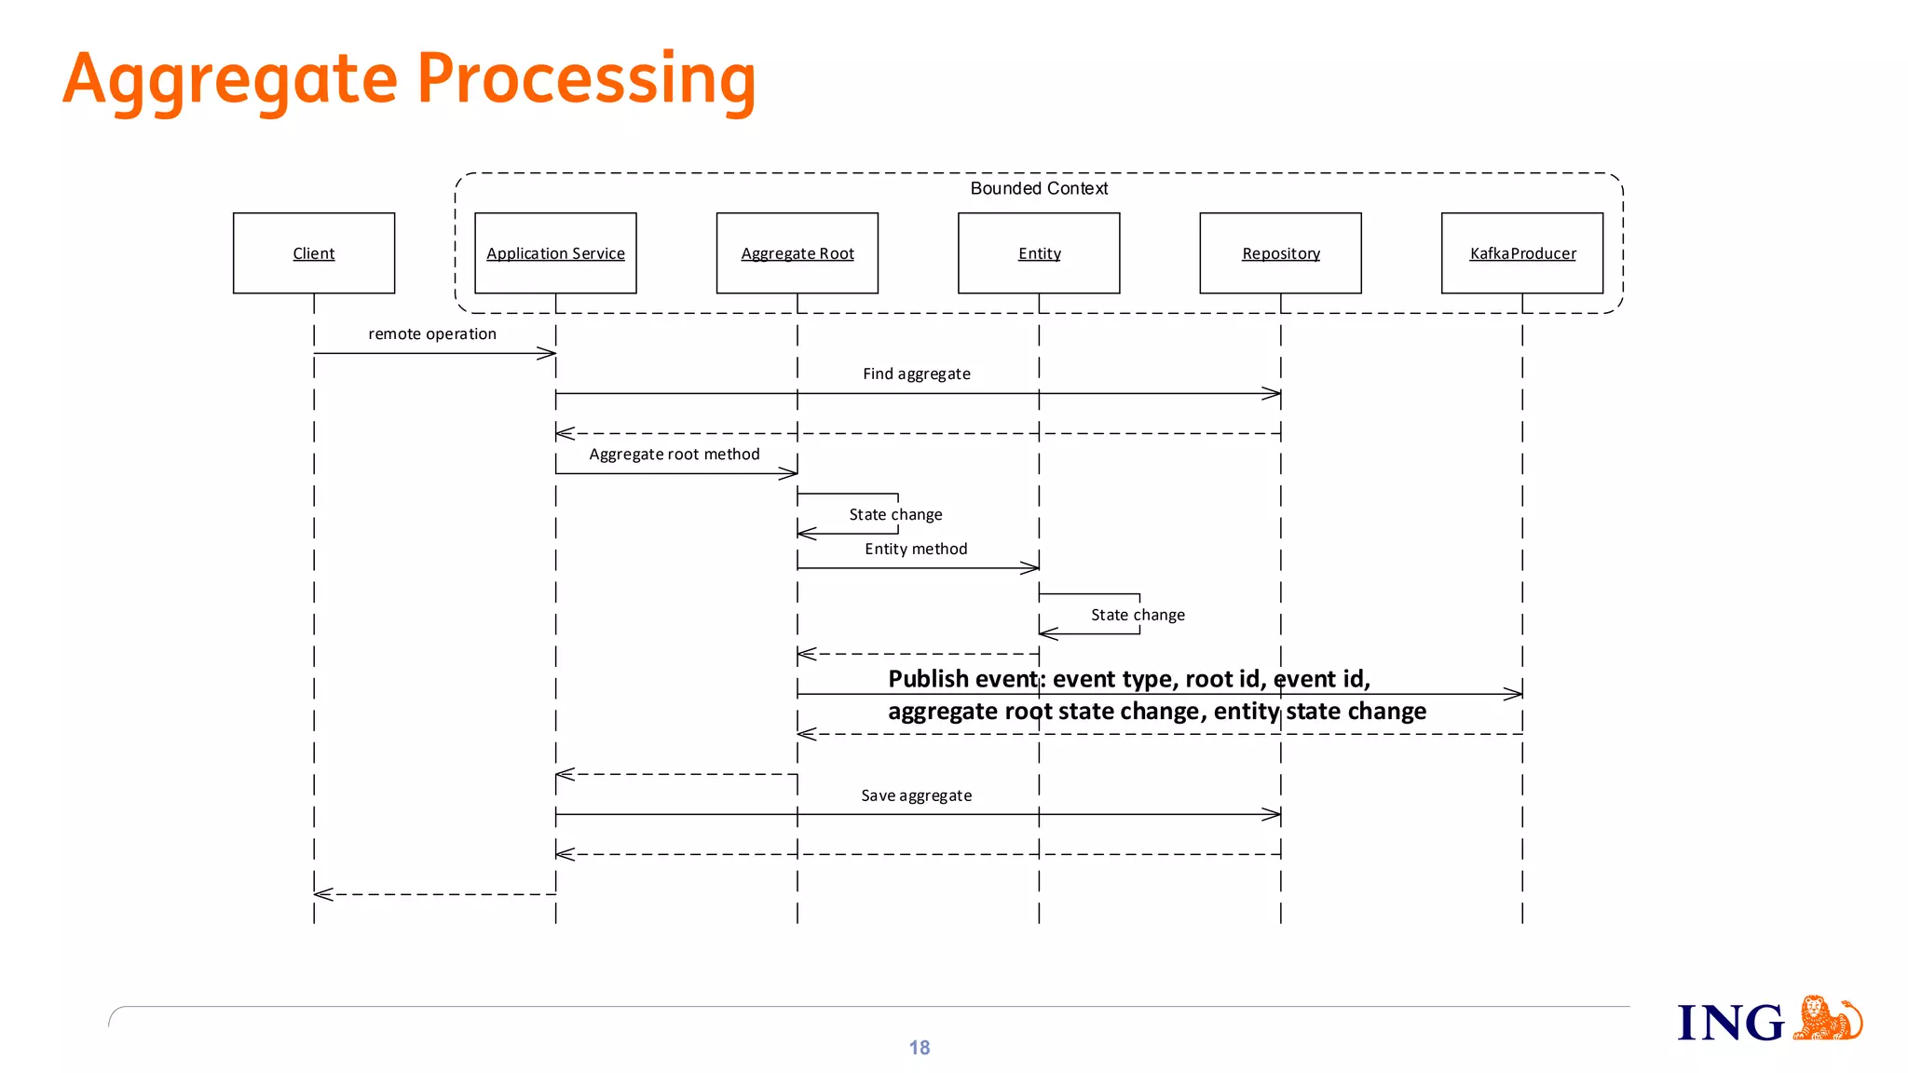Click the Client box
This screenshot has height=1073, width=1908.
click(313, 253)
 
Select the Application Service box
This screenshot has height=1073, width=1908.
click(555, 253)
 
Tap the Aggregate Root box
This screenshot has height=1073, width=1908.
click(797, 253)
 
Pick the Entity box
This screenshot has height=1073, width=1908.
click(1039, 253)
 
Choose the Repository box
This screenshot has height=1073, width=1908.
click(1280, 253)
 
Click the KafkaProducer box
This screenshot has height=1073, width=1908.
click(1522, 253)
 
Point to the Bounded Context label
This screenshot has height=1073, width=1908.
click(1039, 188)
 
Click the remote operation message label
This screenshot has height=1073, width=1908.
click(432, 333)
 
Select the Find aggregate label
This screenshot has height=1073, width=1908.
click(917, 374)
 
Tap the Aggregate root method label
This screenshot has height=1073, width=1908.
click(675, 455)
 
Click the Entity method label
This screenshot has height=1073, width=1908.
click(916, 550)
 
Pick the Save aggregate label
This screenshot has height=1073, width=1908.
click(917, 795)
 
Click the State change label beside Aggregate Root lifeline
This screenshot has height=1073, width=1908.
click(895, 514)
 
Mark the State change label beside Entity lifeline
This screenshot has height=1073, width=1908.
click(1138, 615)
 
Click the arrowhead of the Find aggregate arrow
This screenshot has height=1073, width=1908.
click(1274, 394)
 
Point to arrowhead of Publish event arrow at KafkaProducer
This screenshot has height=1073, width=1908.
click(1515, 693)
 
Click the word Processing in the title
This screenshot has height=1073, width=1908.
click(586, 80)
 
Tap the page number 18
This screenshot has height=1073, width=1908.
click(920, 1048)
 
